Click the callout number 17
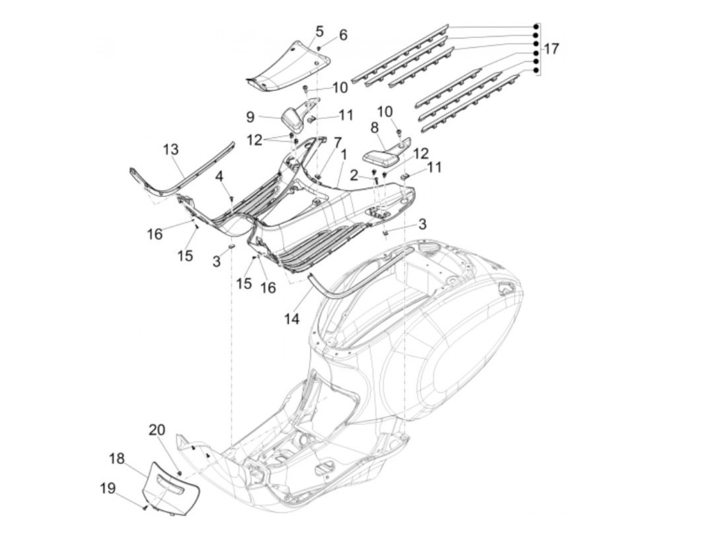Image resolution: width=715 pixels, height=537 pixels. coord(551,50)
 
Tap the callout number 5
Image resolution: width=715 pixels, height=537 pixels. coord(319,31)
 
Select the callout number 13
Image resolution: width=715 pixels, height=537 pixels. coord(171,150)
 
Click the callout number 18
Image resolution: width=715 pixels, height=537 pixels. coord(117,458)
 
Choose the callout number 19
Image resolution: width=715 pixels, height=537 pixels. coord(107,489)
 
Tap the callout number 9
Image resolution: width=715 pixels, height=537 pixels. coord(250,117)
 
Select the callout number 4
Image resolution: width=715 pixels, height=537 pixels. coord(219,177)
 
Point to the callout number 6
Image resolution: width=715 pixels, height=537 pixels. coord(343,35)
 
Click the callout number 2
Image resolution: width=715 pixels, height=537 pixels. coord(354,176)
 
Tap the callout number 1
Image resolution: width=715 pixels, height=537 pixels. coord(344,154)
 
